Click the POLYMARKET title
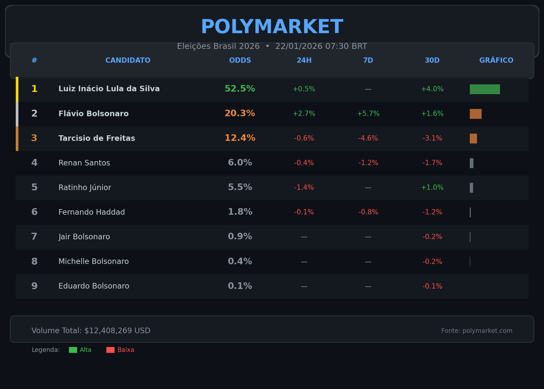272,27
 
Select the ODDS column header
240,60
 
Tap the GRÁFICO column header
496,60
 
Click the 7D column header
368,60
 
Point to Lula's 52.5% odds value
240,89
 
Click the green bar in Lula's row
485,89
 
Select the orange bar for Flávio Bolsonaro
475,114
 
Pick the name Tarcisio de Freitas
97,139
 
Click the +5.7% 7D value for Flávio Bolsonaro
368,114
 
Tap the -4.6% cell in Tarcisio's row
368,139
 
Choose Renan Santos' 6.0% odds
240,163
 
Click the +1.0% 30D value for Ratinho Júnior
432,187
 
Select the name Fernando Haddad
92,212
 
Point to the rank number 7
34,237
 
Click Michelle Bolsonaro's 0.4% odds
240,262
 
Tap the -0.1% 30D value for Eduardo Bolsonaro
432,286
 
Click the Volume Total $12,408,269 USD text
91,331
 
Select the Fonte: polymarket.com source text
476,331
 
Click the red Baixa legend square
110,350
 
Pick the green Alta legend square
73,350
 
